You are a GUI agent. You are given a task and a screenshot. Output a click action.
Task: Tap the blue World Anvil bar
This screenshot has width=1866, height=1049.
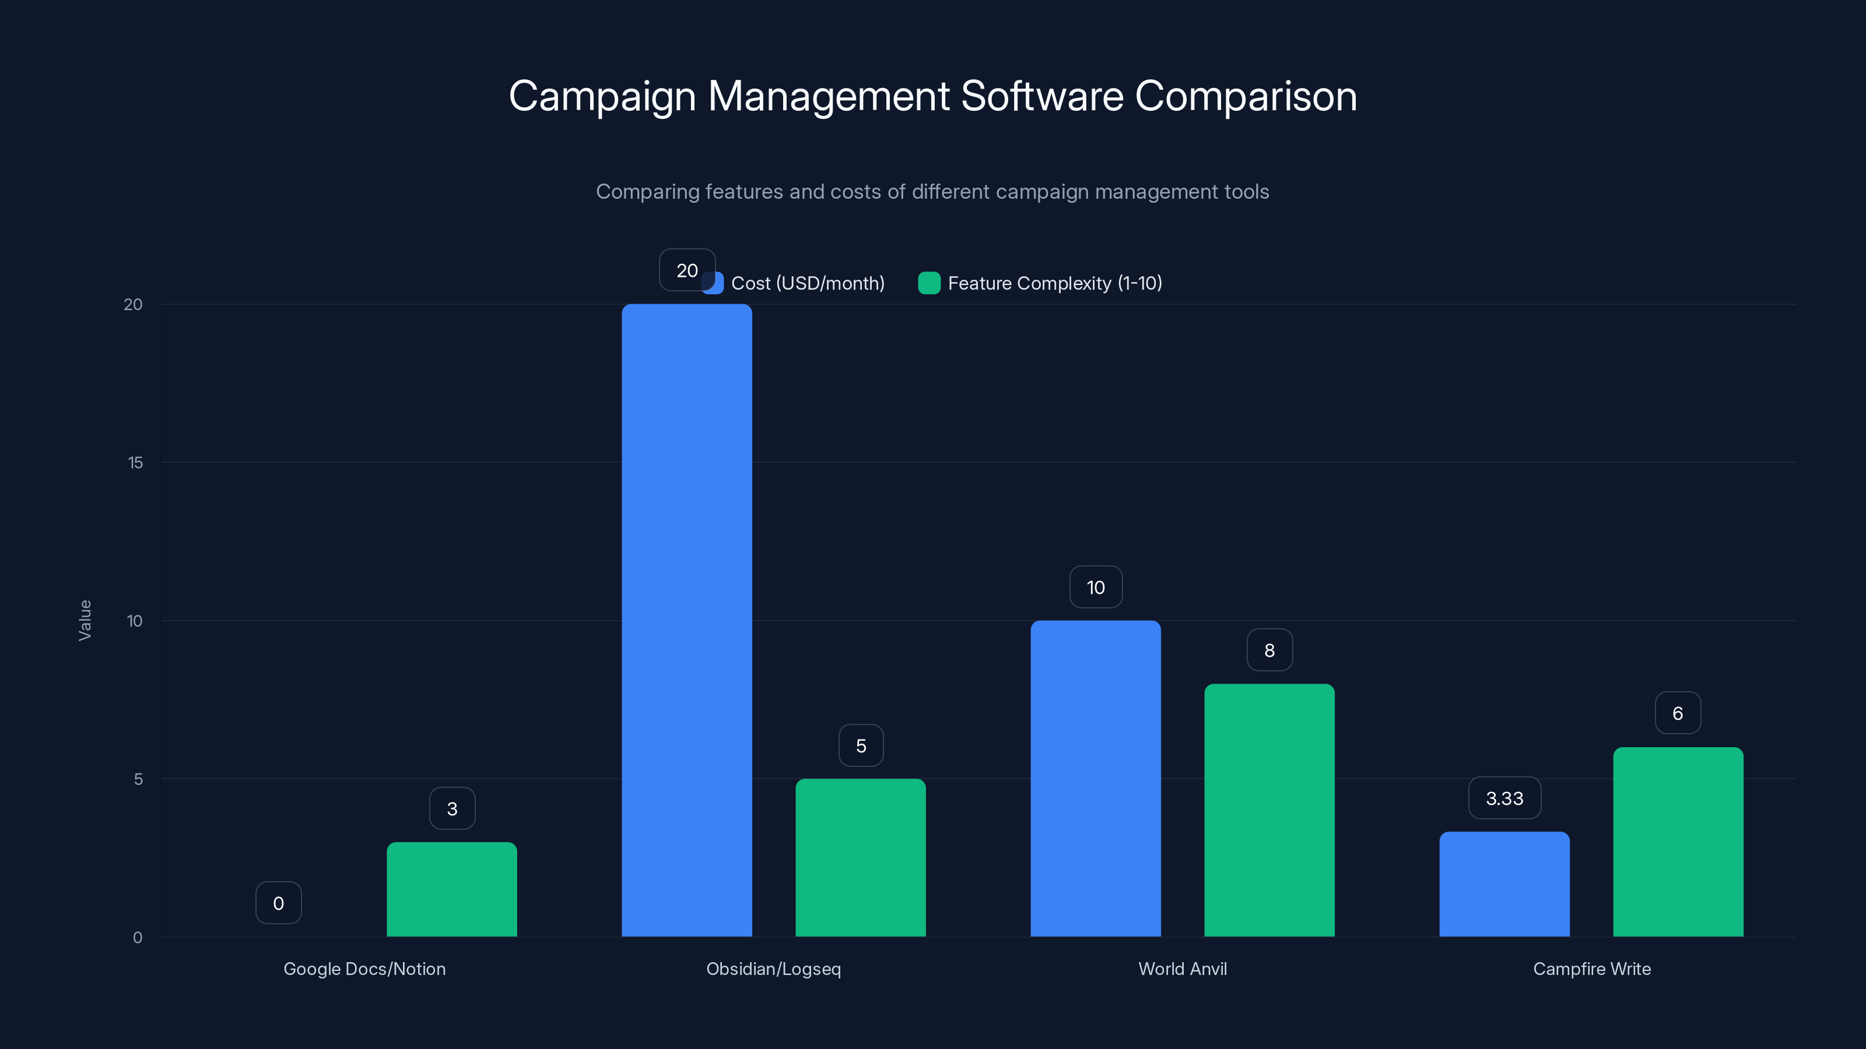[1095, 778]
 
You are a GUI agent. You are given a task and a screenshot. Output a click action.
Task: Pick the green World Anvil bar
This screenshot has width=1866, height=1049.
[1269, 810]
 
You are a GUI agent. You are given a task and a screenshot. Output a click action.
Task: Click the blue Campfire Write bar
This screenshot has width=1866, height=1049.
[1504, 884]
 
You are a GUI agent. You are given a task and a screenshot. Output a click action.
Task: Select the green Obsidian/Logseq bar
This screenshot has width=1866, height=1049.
[861, 858]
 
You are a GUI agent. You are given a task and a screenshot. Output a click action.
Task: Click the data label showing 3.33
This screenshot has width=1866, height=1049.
[1504, 798]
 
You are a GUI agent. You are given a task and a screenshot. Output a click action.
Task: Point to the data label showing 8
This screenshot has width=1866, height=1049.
[1269, 650]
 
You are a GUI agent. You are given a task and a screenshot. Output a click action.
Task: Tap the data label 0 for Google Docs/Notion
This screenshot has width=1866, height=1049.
[278, 903]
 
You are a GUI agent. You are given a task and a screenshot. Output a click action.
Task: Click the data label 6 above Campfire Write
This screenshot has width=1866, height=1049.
[1678, 713]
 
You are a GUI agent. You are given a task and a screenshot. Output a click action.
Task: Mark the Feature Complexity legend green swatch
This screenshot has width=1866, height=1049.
[929, 283]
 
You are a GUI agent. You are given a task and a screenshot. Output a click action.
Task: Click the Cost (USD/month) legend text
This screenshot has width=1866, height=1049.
[808, 283]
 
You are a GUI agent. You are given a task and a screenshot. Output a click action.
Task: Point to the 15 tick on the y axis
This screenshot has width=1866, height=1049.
[135, 463]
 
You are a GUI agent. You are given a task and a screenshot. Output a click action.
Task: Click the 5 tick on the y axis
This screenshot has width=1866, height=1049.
[138, 779]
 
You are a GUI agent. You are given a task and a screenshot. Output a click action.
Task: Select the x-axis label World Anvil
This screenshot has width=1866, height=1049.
[1182, 969]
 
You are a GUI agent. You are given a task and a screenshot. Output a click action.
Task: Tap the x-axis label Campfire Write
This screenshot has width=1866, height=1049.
[1591, 969]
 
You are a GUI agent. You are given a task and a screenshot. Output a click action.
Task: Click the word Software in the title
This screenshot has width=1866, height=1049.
[1041, 96]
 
